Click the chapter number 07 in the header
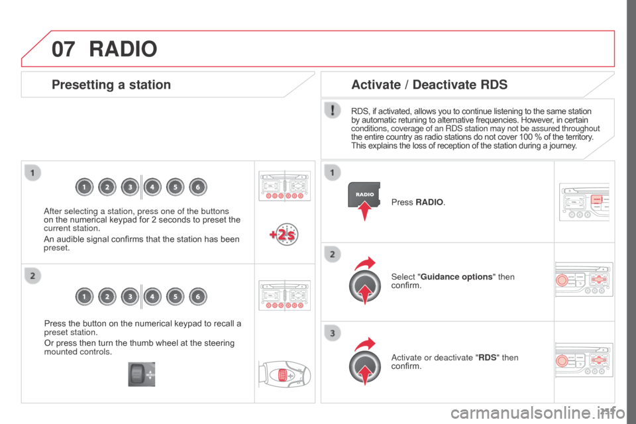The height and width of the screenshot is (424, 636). (63, 48)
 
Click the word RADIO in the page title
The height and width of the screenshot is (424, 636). (123, 48)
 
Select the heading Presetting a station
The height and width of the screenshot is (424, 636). (111, 85)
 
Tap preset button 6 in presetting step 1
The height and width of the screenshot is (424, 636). (197, 187)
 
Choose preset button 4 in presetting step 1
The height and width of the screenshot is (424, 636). (152, 187)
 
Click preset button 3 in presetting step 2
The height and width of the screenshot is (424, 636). (129, 297)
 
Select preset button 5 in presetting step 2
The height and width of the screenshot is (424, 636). (175, 297)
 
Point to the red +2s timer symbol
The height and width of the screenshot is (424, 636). (283, 235)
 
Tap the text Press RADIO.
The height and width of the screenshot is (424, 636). (418, 201)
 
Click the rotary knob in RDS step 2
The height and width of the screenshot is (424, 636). (365, 286)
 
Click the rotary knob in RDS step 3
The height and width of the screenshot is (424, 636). (365, 364)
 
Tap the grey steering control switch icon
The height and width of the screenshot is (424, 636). (142, 374)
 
